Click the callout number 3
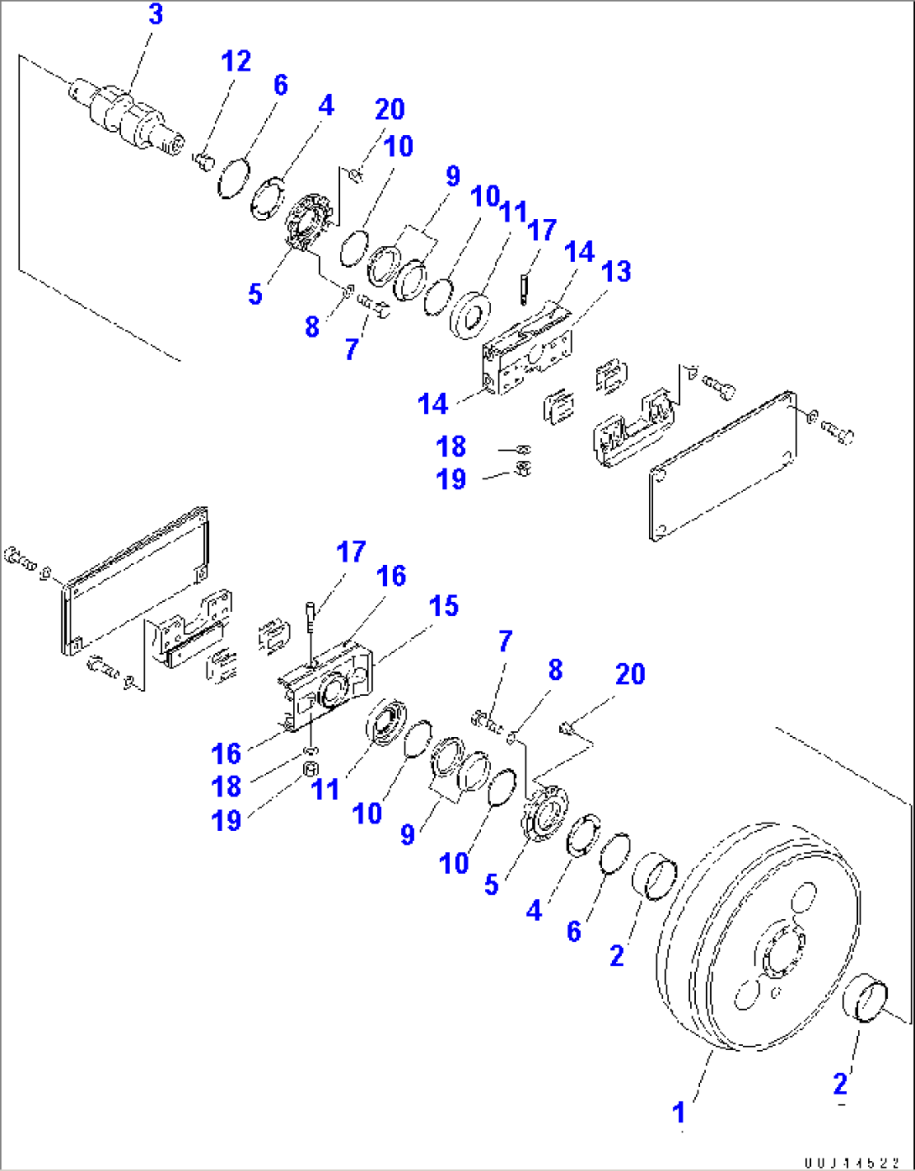156,15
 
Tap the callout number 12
236,61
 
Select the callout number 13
617,272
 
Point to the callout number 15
444,606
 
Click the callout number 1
679,1113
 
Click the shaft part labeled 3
126,118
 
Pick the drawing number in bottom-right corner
851,1162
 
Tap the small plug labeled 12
203,159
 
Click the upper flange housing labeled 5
306,222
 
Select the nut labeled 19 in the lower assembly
310,771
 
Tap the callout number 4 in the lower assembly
535,910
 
